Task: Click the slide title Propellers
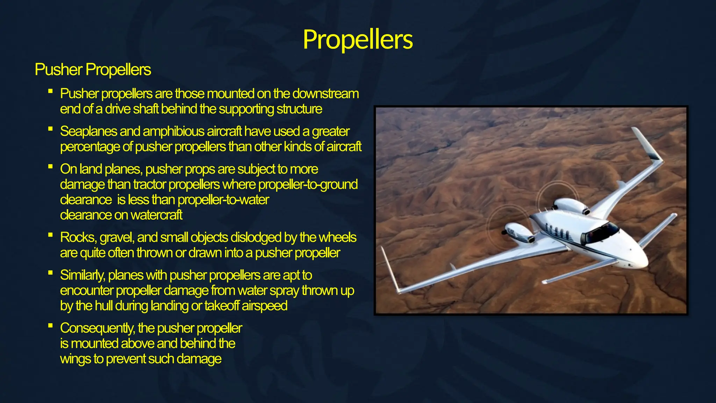pos(358,39)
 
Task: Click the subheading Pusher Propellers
pos(93,70)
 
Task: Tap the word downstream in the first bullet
pos(325,94)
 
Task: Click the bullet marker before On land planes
pos(50,167)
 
